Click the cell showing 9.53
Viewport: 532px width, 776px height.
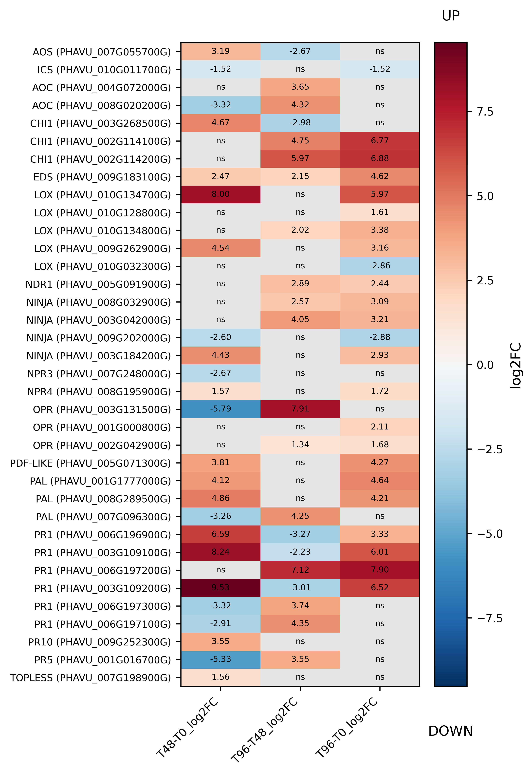[x=221, y=588]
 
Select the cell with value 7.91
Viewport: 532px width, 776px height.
[x=300, y=409]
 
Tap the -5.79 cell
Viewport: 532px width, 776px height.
[x=221, y=409]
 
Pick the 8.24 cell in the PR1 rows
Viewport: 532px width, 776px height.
[x=221, y=552]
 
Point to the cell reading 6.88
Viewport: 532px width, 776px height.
[x=380, y=159]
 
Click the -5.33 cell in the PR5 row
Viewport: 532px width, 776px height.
[x=221, y=659]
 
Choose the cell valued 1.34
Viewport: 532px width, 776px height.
[x=300, y=445]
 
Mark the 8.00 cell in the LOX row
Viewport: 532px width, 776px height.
[x=221, y=194]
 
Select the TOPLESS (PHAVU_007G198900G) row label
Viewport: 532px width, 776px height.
[x=91, y=678]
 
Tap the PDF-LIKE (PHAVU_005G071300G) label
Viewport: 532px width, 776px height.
[x=91, y=463]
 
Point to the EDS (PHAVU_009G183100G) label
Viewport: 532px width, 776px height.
[x=102, y=177]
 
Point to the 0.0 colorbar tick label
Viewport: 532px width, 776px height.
[x=485, y=365]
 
